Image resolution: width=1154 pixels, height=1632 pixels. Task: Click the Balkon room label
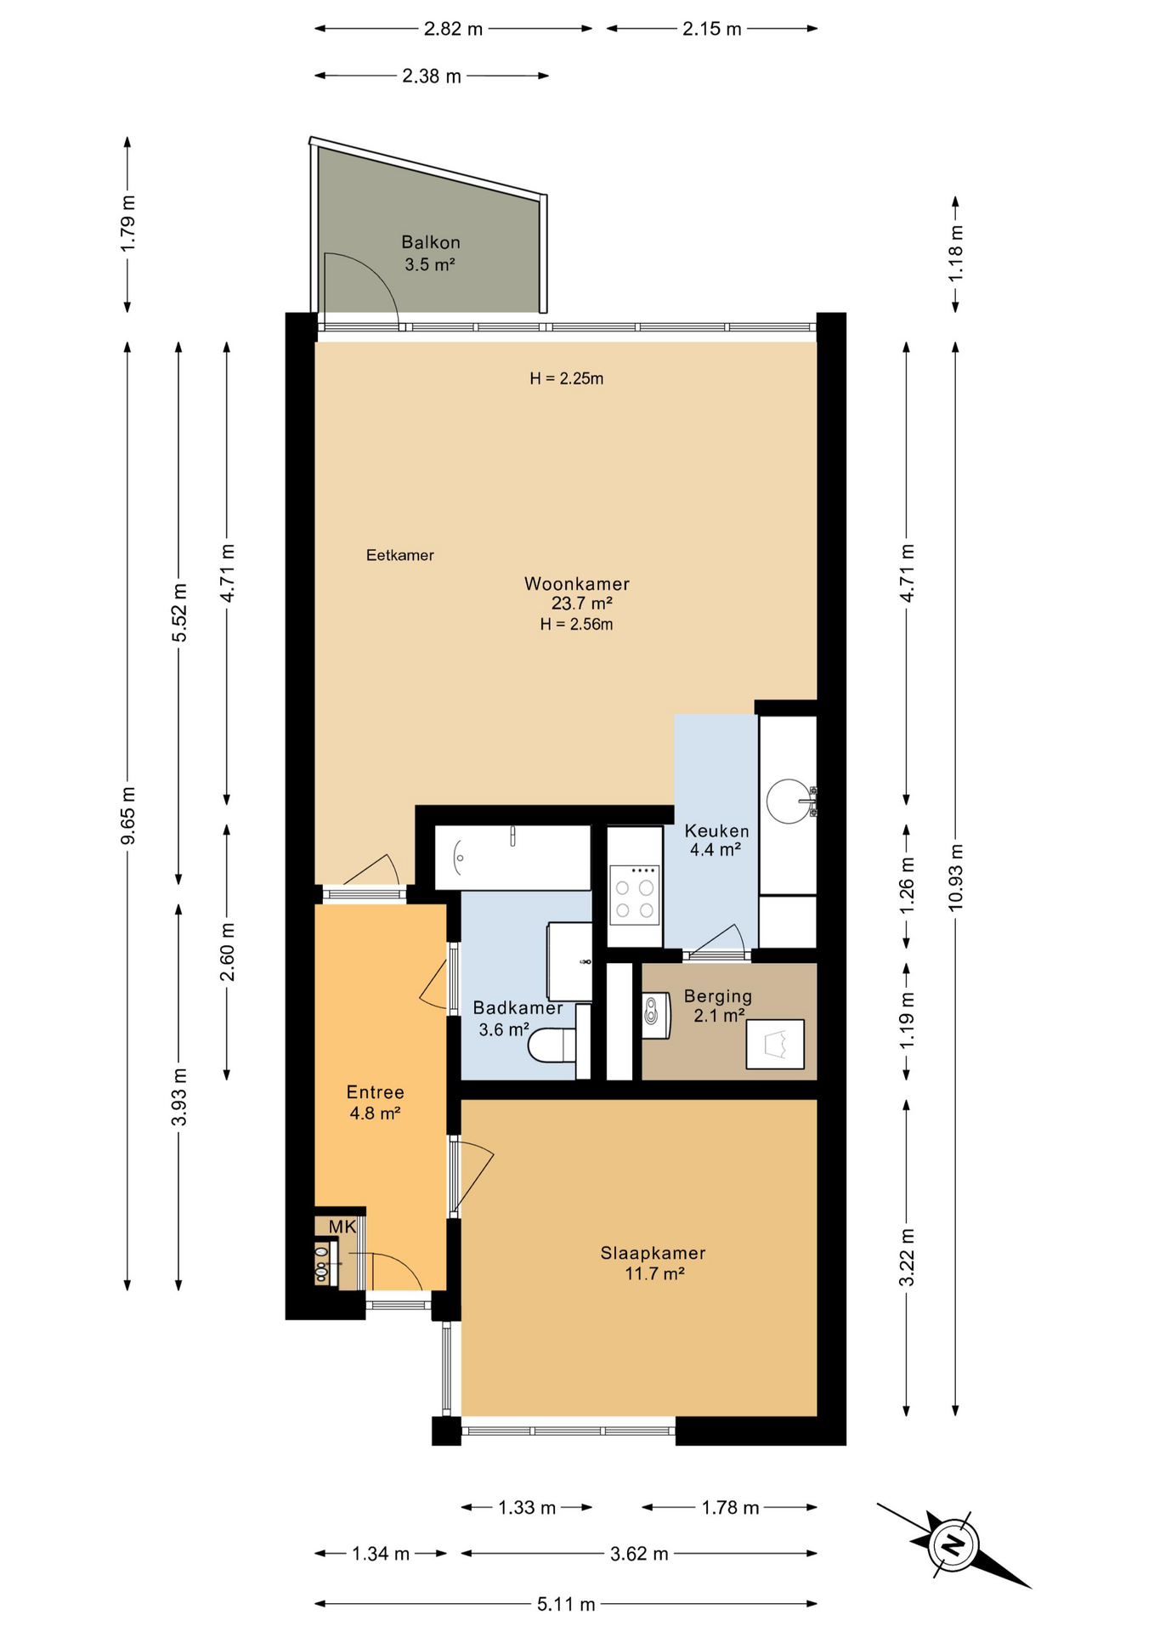coord(431,242)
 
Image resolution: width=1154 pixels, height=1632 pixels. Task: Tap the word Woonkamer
coord(577,584)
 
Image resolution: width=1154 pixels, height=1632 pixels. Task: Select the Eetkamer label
coord(400,555)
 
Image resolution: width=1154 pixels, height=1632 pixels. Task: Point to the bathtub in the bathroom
coord(512,858)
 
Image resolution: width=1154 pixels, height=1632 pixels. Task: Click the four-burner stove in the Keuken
coord(635,893)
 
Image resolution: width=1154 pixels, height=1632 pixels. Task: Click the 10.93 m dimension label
coord(956,877)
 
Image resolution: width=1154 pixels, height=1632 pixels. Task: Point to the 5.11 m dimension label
coord(566,1604)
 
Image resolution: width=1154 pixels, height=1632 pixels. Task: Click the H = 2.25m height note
coord(567,378)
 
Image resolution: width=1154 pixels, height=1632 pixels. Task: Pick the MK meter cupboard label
coord(342,1227)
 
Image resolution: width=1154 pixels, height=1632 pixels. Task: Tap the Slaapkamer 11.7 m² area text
coord(654,1273)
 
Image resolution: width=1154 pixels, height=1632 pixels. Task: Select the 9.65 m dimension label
coord(128,816)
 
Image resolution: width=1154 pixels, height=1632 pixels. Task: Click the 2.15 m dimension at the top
coord(712,29)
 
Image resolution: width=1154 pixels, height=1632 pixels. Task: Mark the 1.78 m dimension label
coord(730,1507)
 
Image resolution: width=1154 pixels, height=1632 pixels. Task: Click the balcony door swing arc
coord(374,272)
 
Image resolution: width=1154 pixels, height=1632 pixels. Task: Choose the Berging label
coord(718,996)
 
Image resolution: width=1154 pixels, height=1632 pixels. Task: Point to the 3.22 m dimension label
coord(907,1258)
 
